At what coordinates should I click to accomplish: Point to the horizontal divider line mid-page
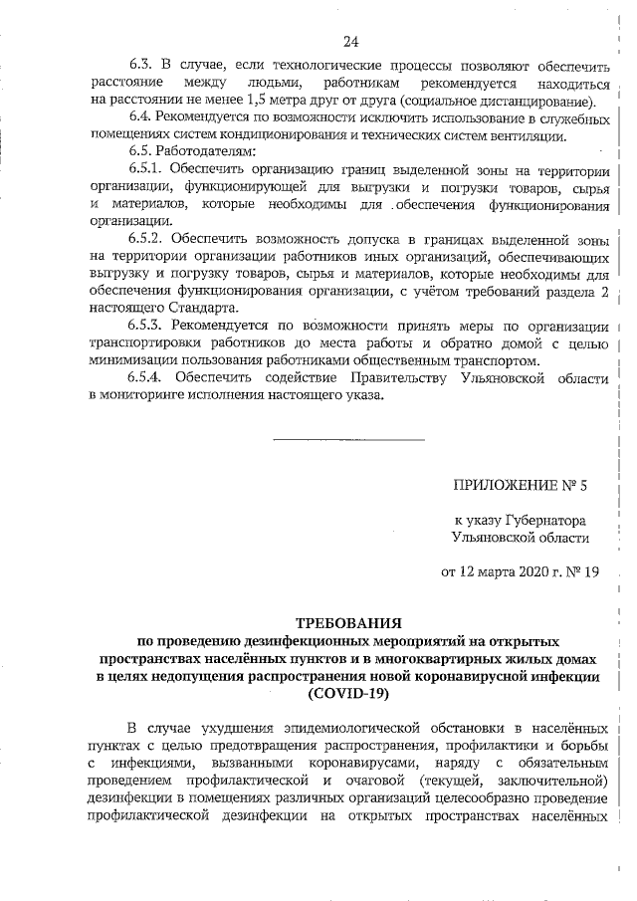pos(348,439)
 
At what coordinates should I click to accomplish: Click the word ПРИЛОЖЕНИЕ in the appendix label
pos(503,487)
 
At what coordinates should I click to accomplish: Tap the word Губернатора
pos(540,520)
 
